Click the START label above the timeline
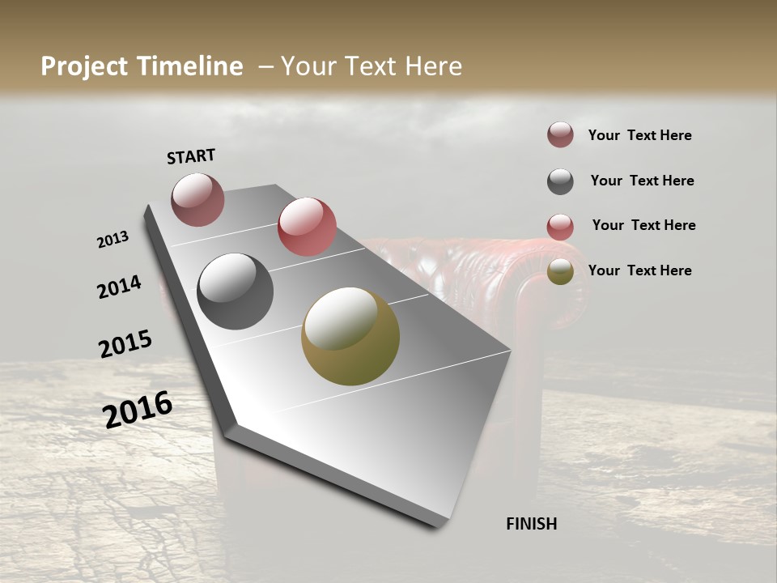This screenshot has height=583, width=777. click(x=191, y=156)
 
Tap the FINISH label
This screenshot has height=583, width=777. click(x=531, y=524)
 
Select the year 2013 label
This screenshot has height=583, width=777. click(x=113, y=240)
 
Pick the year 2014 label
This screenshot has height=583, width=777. click(x=119, y=287)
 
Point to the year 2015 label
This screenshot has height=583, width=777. click(x=125, y=344)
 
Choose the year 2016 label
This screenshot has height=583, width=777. click(x=138, y=409)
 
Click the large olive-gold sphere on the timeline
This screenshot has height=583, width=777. click(x=350, y=336)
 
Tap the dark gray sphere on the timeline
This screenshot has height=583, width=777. click(x=235, y=291)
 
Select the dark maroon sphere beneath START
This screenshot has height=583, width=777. click(x=197, y=199)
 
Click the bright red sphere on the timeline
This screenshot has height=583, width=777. click(x=307, y=227)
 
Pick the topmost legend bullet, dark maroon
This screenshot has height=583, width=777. click(x=560, y=135)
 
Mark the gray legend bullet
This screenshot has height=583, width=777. click(x=560, y=181)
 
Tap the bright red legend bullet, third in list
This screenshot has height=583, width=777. click(x=560, y=227)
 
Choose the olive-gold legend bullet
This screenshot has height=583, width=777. click(x=560, y=272)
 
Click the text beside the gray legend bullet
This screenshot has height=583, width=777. click(x=642, y=181)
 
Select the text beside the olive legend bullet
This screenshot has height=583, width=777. click(x=639, y=270)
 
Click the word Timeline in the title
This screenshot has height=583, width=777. click(x=192, y=66)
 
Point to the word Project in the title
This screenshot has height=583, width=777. click(x=87, y=66)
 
